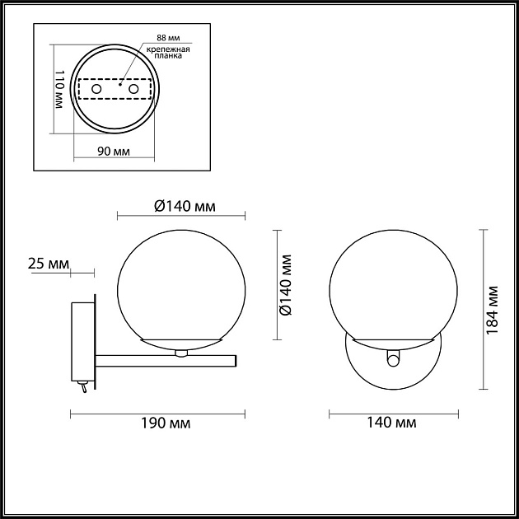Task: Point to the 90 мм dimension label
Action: pos(115,152)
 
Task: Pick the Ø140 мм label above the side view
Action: pos(183,206)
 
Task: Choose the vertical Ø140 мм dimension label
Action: pos(284,284)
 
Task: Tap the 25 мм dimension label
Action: pos(47,264)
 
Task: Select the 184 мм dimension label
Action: pos(493,309)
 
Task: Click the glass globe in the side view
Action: pos(182,284)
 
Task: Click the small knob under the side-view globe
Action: pos(181,353)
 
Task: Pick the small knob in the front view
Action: pos(393,359)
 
